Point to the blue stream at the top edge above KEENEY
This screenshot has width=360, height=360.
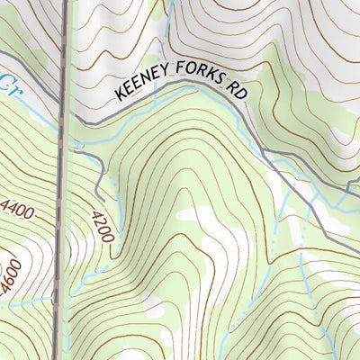point(169,4)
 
